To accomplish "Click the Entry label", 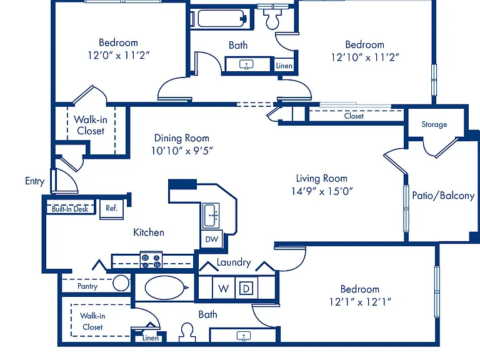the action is point(34,181).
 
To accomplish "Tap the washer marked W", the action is point(224,287).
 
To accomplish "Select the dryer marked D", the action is point(246,288).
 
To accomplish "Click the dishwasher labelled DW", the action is point(212,239).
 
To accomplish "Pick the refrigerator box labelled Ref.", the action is point(112,209).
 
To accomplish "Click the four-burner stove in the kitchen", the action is point(151,260).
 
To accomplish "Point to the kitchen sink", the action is point(211,216).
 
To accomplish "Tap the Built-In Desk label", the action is point(70,209).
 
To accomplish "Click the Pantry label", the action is point(87,286).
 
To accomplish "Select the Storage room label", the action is point(434,124).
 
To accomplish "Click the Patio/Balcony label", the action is point(443,195).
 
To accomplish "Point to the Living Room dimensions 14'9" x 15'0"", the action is point(322,191).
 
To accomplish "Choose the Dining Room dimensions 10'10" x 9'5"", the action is point(182,151).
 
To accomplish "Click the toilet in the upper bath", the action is point(272,17).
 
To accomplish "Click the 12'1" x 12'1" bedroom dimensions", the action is point(360,302).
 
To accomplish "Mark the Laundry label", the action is point(234,262).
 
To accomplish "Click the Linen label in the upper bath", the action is point(284,66).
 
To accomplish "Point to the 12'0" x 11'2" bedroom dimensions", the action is point(119,56).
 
